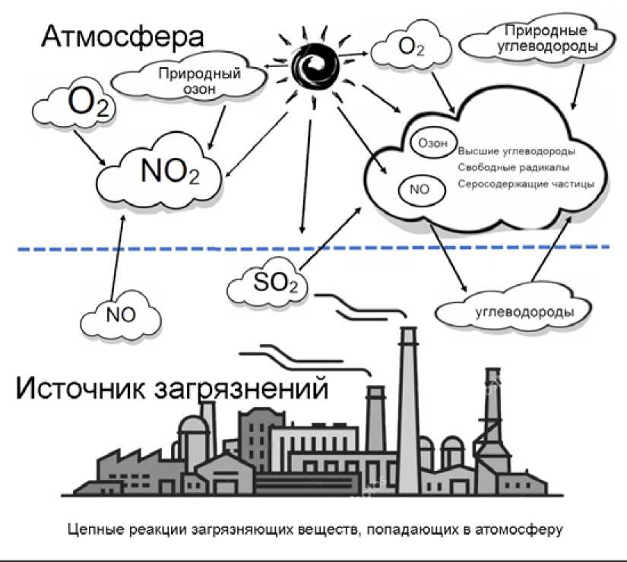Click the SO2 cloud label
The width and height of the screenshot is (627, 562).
[x=270, y=285]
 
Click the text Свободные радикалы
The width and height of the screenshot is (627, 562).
[x=514, y=167]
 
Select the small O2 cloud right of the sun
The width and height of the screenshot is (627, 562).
[x=410, y=48]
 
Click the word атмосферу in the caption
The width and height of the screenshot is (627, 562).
[x=518, y=528]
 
